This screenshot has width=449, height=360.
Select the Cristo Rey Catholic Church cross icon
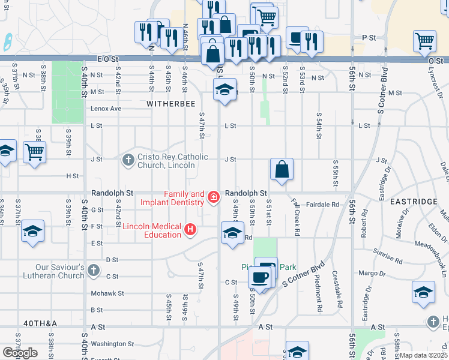point(128,160)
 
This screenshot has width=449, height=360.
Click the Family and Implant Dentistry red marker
point(213,197)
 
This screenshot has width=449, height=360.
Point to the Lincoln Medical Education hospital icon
point(191,229)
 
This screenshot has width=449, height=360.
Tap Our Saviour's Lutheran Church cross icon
point(93,270)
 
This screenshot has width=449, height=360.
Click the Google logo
point(20,353)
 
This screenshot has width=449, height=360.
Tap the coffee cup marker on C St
point(259,277)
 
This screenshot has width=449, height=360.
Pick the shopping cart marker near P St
point(424,41)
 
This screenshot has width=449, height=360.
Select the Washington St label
point(114,344)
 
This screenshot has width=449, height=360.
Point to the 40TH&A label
point(40,323)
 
